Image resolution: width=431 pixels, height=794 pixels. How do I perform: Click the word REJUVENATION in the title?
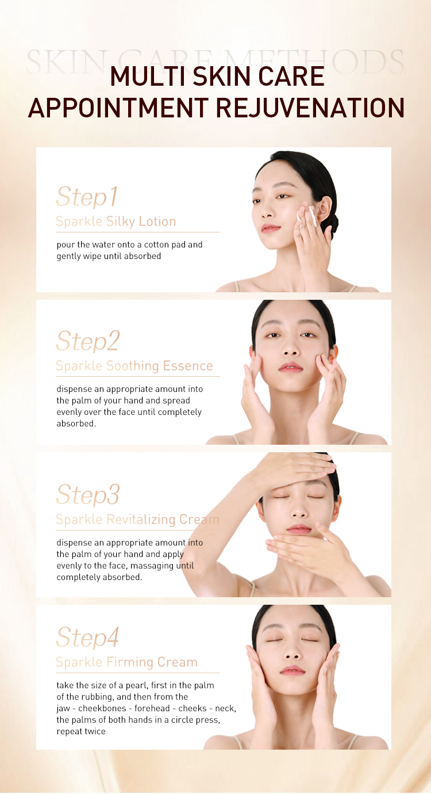point(310,108)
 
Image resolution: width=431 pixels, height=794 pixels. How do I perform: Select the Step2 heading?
point(88,341)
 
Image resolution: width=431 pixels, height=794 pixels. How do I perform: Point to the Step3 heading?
point(88,494)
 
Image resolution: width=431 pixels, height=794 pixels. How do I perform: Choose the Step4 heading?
point(87,638)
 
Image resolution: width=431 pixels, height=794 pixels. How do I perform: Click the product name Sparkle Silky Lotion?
point(116,222)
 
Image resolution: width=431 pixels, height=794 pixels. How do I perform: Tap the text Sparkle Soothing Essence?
point(134,366)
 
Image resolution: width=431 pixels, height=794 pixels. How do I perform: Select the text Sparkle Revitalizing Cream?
point(137,520)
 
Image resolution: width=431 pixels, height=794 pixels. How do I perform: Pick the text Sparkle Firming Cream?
point(126,662)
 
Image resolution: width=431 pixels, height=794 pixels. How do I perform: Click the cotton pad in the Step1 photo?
point(306,216)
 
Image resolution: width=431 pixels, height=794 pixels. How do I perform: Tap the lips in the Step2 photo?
point(290,367)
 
